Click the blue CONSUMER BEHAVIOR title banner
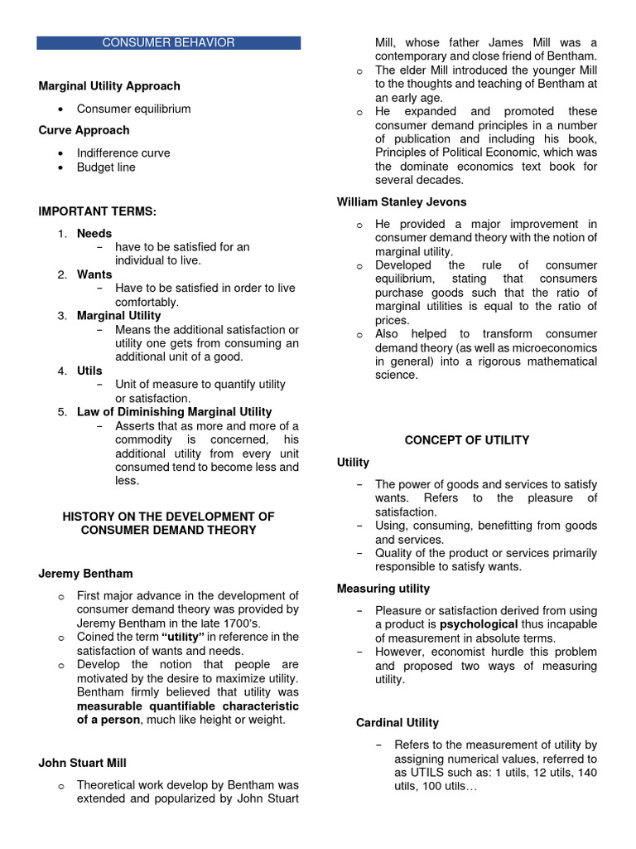pyautogui.click(x=168, y=42)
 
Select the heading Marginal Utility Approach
pyautogui.click(x=109, y=85)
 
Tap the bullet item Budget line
pyautogui.click(x=106, y=167)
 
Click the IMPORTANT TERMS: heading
pyautogui.click(x=98, y=211)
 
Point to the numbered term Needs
pyautogui.click(x=94, y=233)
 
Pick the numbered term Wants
pyautogui.click(x=94, y=274)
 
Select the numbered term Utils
pyautogui.click(x=89, y=371)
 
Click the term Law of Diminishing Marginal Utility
pyautogui.click(x=174, y=411)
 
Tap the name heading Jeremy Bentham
pyautogui.click(x=85, y=573)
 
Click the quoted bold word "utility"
pyautogui.click(x=182, y=637)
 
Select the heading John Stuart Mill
pyautogui.click(x=83, y=762)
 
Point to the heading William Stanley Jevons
pyautogui.click(x=402, y=201)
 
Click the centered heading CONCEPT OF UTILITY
pyautogui.click(x=467, y=440)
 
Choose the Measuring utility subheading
pyautogui.click(x=383, y=588)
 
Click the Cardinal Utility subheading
pyautogui.click(x=397, y=722)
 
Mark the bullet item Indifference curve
pyautogui.click(x=123, y=153)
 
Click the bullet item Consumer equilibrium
pyautogui.click(x=133, y=109)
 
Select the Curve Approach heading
pyautogui.click(x=84, y=130)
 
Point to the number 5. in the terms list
pyautogui.click(x=62, y=411)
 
